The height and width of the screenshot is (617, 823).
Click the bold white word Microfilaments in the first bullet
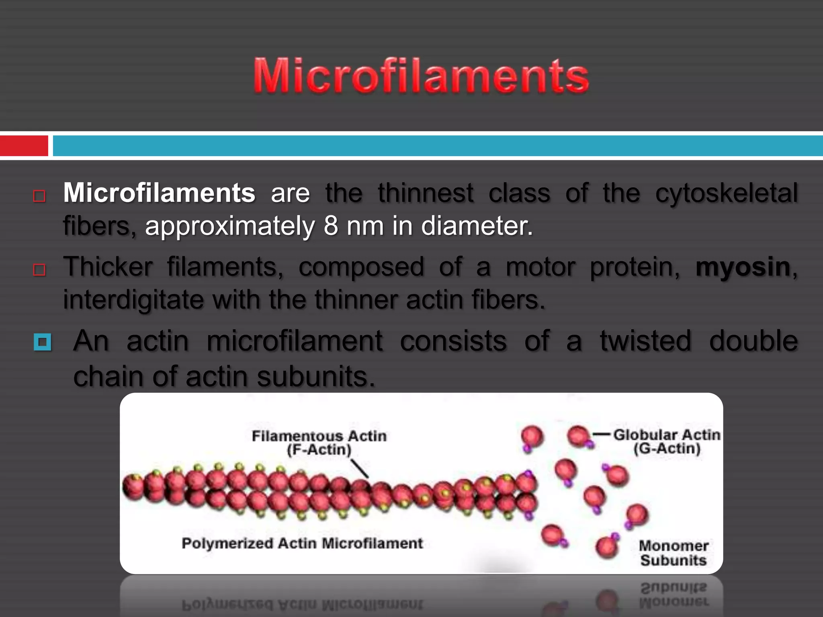coord(159,193)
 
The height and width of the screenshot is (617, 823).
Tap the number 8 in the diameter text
coord(331,226)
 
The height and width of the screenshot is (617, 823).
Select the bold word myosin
coord(743,267)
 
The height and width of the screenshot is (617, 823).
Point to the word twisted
coord(645,341)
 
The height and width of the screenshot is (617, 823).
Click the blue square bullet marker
coord(43,343)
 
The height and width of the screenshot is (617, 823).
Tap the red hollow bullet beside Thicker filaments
coord(39,270)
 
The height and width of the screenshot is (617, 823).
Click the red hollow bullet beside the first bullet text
coord(39,196)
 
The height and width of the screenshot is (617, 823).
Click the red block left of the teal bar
coord(24,145)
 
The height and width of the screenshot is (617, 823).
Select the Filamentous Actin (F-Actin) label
coord(319,443)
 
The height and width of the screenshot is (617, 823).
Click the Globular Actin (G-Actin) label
coord(667,441)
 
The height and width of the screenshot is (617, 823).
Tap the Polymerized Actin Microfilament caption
coord(302,543)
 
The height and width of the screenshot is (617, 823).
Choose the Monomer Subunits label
coord(674,553)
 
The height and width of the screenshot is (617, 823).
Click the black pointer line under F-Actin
coord(360,468)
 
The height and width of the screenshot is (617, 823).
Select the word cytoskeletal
coord(727,193)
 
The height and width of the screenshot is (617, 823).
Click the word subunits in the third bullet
coord(315,377)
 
